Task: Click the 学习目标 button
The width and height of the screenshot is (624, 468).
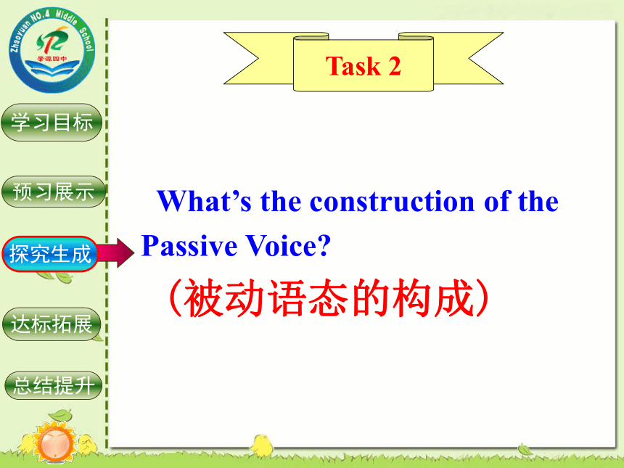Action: point(52,122)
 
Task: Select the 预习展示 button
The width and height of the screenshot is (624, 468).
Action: point(53,192)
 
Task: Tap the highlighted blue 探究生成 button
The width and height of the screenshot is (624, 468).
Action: point(50,254)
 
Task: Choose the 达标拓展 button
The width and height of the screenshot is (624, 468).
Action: point(52,324)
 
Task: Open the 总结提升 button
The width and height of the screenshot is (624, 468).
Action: point(54,385)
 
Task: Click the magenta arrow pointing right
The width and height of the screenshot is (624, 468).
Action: point(116,253)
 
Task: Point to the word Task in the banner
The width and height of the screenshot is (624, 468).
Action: point(353,65)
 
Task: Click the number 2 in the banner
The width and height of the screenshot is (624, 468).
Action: point(395,65)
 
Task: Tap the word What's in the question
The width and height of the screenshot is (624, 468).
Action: point(204,201)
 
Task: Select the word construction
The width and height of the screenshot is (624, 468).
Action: point(392,202)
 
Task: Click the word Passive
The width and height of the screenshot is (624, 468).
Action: point(189,245)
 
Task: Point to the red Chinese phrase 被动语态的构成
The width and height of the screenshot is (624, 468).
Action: point(329,298)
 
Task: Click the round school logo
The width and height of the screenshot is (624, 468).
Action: point(52,50)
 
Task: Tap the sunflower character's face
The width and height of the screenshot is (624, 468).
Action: point(54,443)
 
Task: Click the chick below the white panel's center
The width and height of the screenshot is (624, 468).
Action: point(261,445)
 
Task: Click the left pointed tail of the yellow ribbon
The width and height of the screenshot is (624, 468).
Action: point(241,59)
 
